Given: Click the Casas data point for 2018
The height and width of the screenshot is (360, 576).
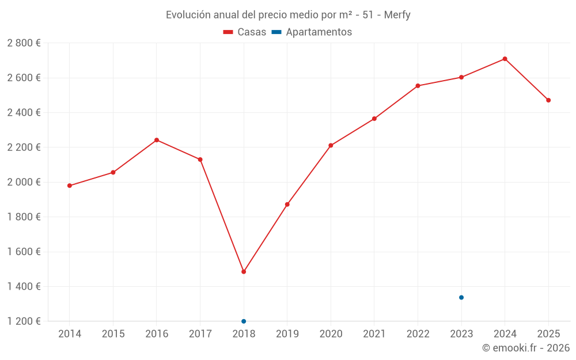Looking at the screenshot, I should (244, 271).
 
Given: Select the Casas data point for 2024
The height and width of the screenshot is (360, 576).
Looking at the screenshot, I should (505, 59).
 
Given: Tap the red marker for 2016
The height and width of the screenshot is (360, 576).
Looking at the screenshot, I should (157, 140).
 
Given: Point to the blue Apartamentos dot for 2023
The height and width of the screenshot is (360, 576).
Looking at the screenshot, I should (461, 297).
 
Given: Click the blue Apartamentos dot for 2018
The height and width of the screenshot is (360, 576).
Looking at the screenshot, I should (244, 321).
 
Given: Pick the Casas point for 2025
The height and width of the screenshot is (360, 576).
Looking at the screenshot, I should (548, 100).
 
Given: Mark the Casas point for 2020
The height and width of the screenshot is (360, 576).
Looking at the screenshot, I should (331, 145).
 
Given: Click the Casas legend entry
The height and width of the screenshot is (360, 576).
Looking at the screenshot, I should (245, 32).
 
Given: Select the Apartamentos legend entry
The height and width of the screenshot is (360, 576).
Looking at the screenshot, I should (312, 32).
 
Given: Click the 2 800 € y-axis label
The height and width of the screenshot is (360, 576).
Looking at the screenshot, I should (24, 43).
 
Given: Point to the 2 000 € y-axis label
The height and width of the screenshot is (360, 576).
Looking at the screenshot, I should (24, 182).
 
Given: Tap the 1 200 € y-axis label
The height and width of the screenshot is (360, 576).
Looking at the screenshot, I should (24, 321).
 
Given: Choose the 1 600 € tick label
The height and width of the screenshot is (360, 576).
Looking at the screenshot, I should (24, 252).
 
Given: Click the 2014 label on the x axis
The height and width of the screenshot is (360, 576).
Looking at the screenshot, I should (70, 334).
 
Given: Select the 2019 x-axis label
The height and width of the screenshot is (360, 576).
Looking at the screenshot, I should (287, 334).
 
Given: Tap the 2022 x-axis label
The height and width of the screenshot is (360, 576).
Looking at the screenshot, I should (418, 334).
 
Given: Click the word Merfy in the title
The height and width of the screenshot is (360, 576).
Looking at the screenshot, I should (397, 15).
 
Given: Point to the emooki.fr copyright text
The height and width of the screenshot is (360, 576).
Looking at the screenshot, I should (526, 348).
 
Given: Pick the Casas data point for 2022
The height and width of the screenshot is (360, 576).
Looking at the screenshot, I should (418, 86).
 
